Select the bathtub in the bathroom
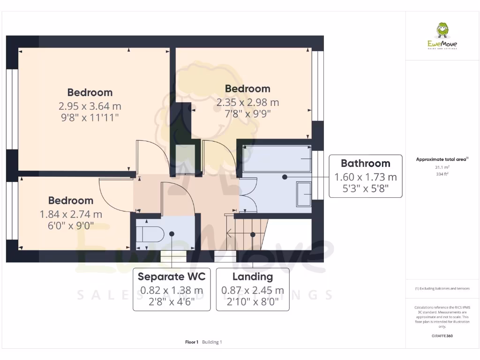(277, 158)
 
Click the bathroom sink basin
(304, 194)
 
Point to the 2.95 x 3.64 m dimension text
(90, 106)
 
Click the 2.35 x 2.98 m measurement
(247, 102)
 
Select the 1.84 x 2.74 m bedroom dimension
(71, 215)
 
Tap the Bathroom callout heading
(365, 164)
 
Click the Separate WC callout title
(172, 277)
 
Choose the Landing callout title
(253, 277)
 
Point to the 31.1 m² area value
(442, 167)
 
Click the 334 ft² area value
(442, 174)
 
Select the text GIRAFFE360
(442, 336)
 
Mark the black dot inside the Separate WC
(172, 233)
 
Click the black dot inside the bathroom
(285, 177)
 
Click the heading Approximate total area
(441, 159)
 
